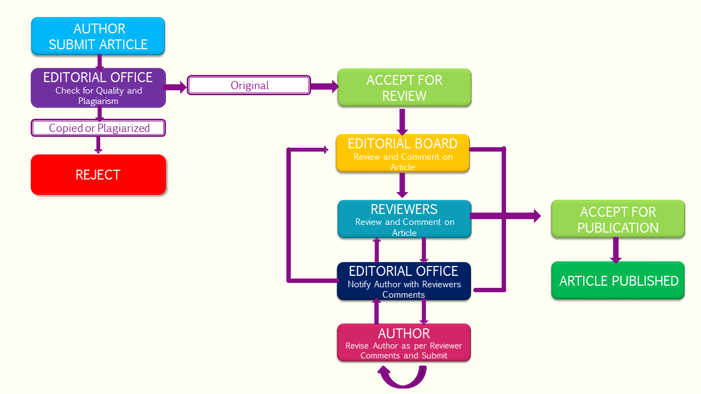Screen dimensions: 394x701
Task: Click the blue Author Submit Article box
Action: coord(98,36)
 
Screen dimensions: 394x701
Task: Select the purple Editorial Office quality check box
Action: coord(98,88)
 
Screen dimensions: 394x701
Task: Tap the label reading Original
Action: coord(249,85)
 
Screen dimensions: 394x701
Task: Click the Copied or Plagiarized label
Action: coord(99,128)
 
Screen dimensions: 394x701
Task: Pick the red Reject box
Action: coord(98,175)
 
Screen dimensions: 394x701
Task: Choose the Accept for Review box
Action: coord(404,88)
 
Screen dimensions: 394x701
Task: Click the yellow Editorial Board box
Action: coord(403,153)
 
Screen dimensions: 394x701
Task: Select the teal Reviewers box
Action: coord(404,219)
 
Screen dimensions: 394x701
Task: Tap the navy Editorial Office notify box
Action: coord(404,281)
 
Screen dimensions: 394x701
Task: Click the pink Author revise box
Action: coord(404,343)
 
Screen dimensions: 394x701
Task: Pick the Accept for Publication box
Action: coord(618,219)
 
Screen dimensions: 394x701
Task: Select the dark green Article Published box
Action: coord(618,281)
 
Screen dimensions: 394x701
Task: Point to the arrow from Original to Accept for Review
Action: coord(324,86)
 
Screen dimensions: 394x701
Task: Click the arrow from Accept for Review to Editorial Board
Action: coord(403,121)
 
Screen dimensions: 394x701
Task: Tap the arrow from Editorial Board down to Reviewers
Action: coord(403,186)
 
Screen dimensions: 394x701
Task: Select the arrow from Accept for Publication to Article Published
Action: coord(616,250)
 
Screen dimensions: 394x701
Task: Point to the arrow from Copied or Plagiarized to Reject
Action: coord(99,144)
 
